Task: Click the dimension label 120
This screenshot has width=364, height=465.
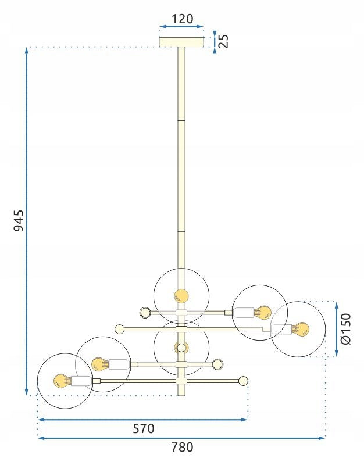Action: click(x=182, y=19)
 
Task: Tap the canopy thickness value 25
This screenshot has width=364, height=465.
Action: click(x=224, y=41)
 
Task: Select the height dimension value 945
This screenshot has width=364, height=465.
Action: click(x=19, y=221)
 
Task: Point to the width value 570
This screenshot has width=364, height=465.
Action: click(x=144, y=429)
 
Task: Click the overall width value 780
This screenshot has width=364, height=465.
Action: click(x=182, y=447)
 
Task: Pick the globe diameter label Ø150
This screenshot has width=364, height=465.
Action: click(x=346, y=329)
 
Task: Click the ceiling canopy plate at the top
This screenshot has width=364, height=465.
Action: click(x=181, y=42)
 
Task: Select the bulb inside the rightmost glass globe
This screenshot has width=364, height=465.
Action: click(x=300, y=329)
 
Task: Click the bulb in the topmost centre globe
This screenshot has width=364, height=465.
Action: click(x=181, y=296)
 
